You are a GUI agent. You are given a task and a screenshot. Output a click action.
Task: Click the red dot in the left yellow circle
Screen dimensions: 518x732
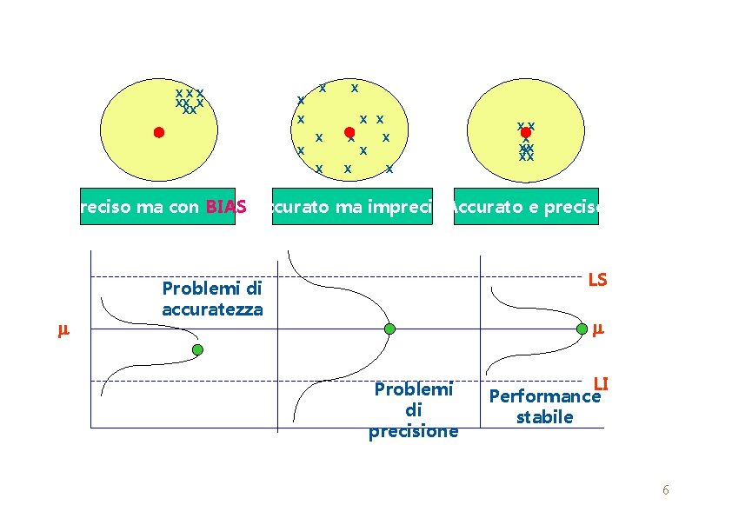(x=158, y=132)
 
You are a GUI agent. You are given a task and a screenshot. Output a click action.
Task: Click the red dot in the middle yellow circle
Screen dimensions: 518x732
(x=349, y=132)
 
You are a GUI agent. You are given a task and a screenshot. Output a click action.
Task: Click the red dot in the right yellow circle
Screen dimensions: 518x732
(x=525, y=132)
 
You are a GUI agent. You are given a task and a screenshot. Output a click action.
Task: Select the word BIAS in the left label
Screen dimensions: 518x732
(x=226, y=208)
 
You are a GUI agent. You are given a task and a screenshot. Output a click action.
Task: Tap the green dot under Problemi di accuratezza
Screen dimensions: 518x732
(x=197, y=349)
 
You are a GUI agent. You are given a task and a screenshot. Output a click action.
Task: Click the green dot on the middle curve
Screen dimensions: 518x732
(x=389, y=329)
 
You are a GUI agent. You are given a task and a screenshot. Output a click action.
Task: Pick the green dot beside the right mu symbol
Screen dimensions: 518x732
(x=582, y=329)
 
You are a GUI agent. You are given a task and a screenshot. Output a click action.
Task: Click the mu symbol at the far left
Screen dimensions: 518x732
(x=62, y=330)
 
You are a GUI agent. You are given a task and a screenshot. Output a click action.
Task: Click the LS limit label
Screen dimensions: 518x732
(x=597, y=280)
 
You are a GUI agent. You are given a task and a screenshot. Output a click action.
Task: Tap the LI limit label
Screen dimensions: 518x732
(x=600, y=383)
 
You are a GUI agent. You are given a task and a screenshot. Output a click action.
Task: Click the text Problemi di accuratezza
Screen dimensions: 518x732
(x=212, y=298)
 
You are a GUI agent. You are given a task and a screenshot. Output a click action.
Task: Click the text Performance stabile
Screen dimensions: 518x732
(x=545, y=407)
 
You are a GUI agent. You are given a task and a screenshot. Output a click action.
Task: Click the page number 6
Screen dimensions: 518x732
(x=665, y=490)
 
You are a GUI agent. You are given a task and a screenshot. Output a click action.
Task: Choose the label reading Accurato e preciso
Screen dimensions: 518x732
(x=525, y=208)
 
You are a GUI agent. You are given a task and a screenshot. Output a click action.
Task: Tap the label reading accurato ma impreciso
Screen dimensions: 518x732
(x=351, y=208)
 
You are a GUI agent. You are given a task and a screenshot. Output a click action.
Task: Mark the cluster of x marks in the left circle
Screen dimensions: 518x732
(x=189, y=101)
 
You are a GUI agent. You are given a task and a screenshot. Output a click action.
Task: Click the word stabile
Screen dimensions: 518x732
(x=544, y=417)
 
